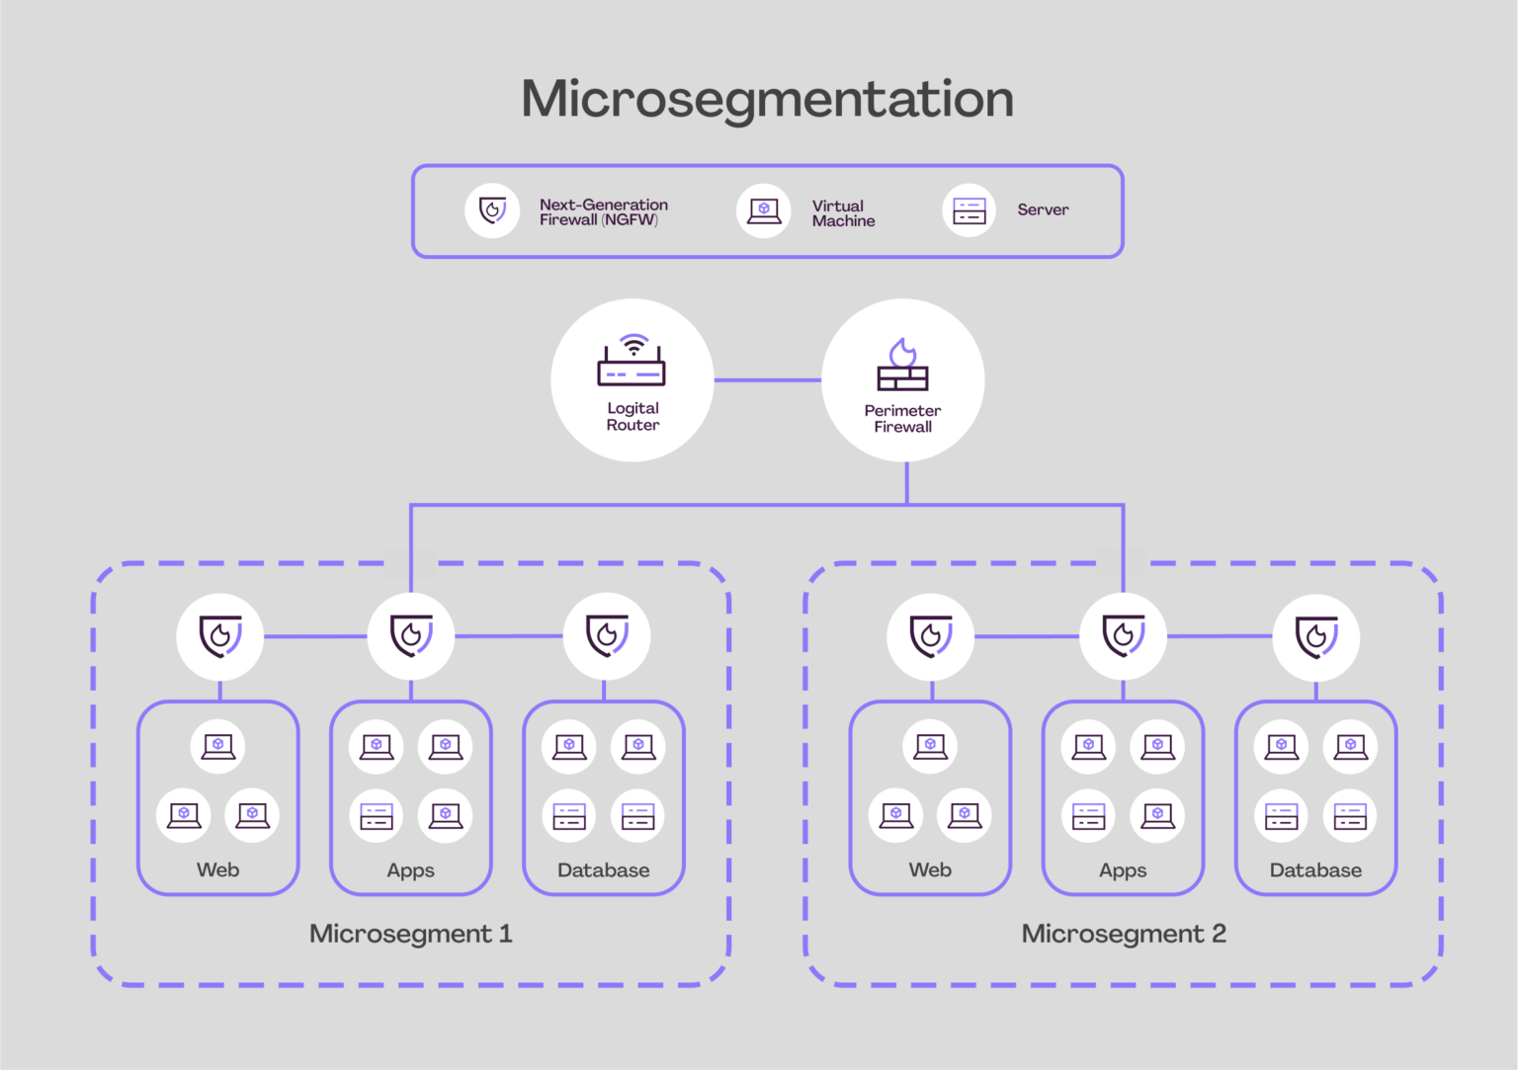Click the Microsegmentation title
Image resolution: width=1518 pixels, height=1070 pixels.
(x=767, y=99)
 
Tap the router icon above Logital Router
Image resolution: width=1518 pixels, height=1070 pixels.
(x=632, y=362)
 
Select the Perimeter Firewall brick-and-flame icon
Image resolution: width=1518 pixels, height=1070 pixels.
(x=902, y=366)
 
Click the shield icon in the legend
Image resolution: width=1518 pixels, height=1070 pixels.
(x=492, y=210)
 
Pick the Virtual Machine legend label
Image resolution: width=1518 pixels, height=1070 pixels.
(x=843, y=213)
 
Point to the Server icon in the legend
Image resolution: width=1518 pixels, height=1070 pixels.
(x=969, y=210)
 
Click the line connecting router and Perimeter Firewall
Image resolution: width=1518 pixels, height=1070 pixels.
(x=767, y=379)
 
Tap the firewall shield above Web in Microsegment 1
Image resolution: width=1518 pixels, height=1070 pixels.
(x=220, y=636)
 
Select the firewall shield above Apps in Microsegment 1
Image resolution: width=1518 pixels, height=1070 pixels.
(x=411, y=636)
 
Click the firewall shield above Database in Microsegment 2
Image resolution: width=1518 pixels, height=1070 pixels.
(x=1315, y=637)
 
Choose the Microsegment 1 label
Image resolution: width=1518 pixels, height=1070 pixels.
(x=410, y=934)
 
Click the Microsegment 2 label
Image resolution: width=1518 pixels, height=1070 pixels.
(x=1124, y=934)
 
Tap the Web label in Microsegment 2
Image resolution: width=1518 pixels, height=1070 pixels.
(x=930, y=870)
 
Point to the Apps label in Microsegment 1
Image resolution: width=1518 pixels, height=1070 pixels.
(x=410, y=870)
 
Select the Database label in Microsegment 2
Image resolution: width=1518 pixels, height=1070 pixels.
(x=1315, y=870)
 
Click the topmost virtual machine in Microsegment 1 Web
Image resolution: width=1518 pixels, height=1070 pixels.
(x=218, y=746)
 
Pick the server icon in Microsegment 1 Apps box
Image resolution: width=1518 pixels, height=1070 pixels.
(x=377, y=816)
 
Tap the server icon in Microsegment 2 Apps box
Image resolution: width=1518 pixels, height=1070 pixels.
(x=1088, y=816)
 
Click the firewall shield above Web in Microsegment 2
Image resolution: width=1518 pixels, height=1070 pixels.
(x=931, y=637)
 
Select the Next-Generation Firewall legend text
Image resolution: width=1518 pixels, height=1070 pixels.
(x=603, y=212)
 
